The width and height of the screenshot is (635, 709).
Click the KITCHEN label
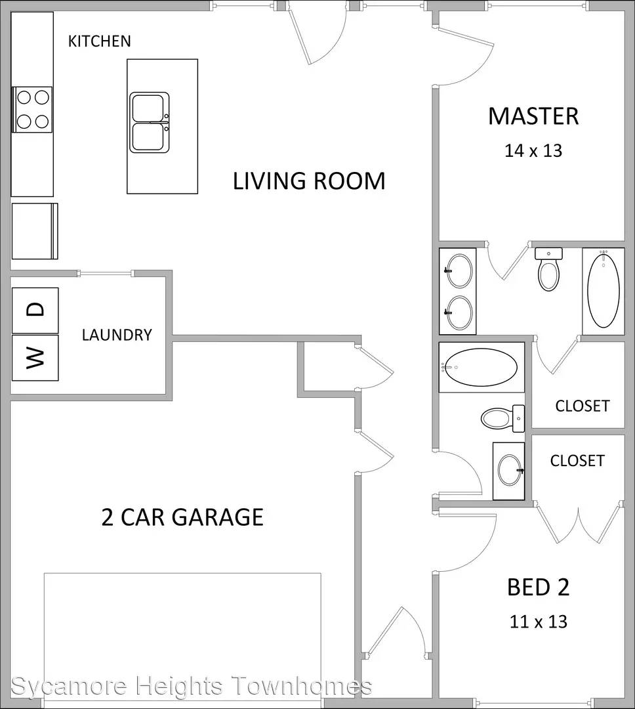(x=100, y=41)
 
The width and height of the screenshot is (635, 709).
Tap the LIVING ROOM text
(x=309, y=181)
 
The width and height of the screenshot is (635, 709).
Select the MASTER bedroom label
(x=533, y=116)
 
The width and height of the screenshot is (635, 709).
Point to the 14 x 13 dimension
(x=533, y=150)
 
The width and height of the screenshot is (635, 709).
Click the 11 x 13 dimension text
(x=539, y=622)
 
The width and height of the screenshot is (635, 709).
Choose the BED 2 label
(x=539, y=588)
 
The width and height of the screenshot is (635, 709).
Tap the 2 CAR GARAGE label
(x=182, y=517)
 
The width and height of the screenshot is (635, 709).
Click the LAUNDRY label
(x=117, y=335)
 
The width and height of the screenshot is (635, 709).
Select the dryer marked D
(x=35, y=310)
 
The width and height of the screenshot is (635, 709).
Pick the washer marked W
(x=35, y=358)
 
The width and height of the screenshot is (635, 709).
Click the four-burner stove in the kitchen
(x=31, y=110)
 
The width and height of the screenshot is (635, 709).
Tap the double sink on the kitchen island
(x=150, y=123)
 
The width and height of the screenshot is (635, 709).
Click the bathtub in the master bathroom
(x=604, y=291)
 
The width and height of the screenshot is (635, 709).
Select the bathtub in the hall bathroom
(x=481, y=367)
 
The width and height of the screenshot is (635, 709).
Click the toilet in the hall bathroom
(x=503, y=419)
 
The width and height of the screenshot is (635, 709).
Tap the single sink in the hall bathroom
(x=509, y=471)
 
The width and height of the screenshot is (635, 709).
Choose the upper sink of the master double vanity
(x=459, y=271)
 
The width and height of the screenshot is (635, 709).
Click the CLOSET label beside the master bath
(x=582, y=406)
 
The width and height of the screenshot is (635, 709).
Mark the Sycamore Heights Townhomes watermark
(x=191, y=685)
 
